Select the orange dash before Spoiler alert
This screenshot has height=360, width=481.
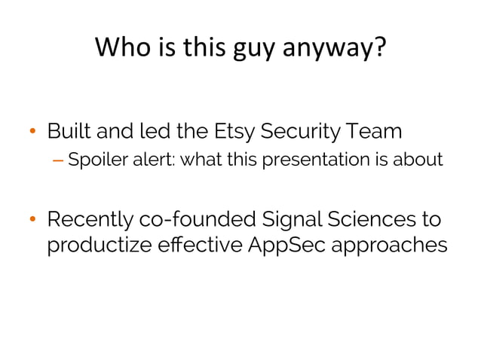point(59,160)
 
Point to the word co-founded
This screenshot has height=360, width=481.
point(196,221)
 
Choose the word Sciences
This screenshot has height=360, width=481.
point(369,220)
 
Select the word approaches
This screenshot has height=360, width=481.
point(392,247)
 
